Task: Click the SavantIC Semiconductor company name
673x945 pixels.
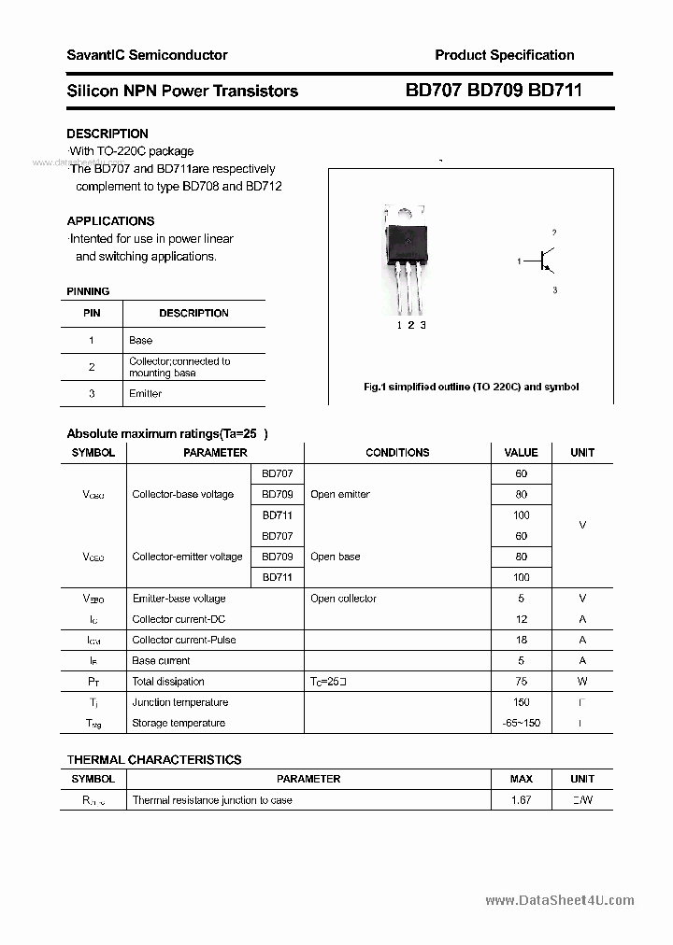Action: pos(147,55)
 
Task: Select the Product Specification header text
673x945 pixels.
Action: pos(505,55)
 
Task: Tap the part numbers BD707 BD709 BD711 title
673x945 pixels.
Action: pos(494,91)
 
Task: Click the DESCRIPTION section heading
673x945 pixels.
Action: pos(107,134)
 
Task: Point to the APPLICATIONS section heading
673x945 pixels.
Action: pos(110,221)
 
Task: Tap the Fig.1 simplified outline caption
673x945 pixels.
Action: pos(471,387)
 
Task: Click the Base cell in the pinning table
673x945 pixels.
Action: pos(141,341)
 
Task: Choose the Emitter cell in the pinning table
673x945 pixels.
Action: pos(146,394)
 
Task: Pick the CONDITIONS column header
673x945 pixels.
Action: pos(397,453)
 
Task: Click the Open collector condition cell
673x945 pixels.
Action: pos(344,599)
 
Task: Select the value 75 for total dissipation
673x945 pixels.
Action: pos(522,682)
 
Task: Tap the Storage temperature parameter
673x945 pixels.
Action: pos(179,724)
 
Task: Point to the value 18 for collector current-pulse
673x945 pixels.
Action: pos(522,641)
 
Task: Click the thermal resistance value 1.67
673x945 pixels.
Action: pos(522,800)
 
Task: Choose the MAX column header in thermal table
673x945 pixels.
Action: pos(522,779)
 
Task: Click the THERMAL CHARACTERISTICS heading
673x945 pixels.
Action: pos(154,760)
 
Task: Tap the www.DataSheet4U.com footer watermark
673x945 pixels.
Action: pos(560,901)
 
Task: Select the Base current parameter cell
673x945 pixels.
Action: pos(162,661)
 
